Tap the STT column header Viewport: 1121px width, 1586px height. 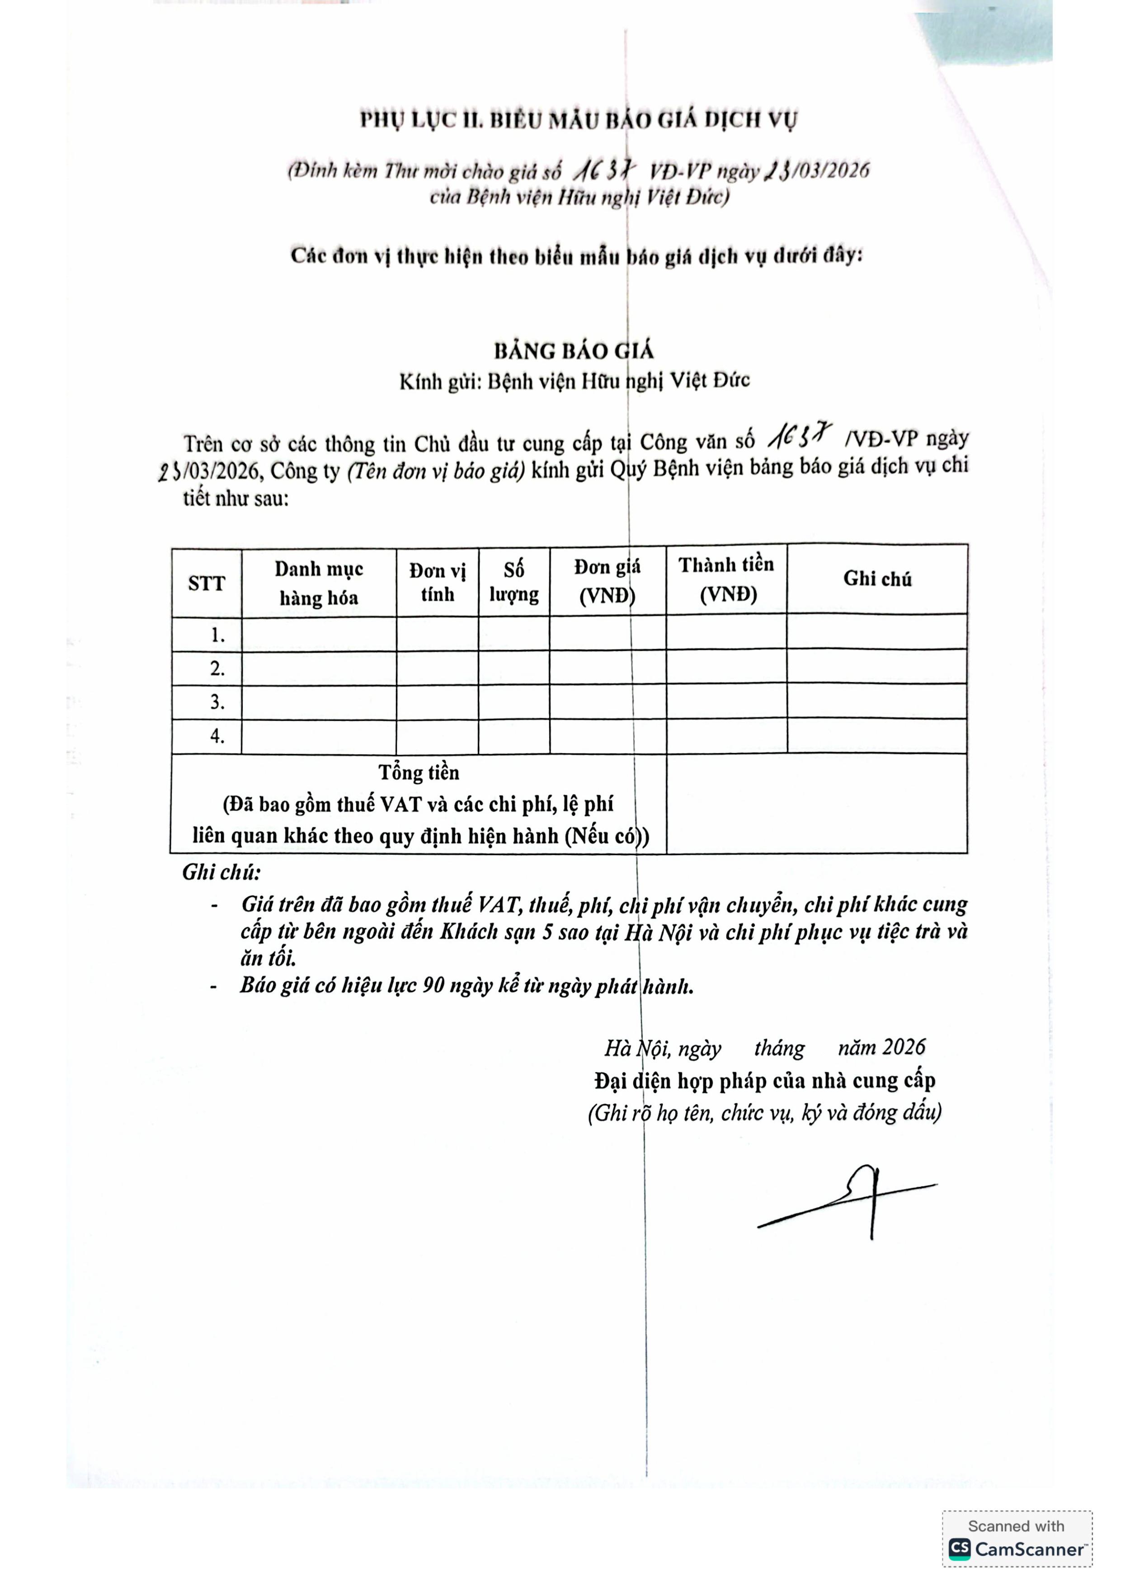coord(207,584)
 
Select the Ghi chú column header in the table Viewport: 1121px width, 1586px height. coord(877,579)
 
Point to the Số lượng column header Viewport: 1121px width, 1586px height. coord(514,582)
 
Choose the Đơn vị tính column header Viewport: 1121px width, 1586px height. coord(437,582)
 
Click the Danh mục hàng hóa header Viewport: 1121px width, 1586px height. coord(319,583)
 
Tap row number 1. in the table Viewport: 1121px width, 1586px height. coord(217,635)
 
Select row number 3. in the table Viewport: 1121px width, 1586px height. coord(217,702)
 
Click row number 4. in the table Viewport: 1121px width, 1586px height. coord(217,736)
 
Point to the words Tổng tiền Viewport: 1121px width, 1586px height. coord(419,772)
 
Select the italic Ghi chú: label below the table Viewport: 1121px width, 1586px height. coord(221,872)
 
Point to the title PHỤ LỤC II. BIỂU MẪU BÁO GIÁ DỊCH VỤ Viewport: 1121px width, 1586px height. coord(579,120)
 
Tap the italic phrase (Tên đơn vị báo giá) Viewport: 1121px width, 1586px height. coord(436,471)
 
